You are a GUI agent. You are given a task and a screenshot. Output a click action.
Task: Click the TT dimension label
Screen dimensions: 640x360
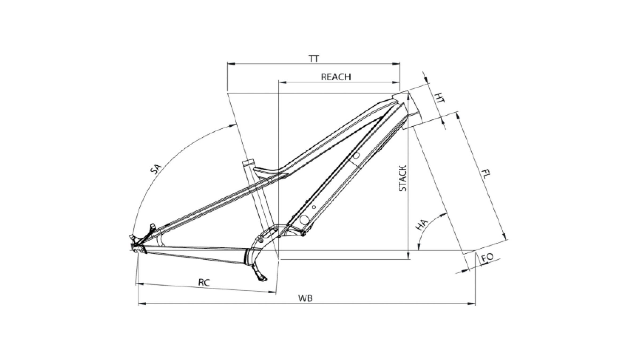point(314,58)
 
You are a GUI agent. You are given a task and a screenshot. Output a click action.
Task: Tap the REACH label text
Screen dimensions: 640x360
point(336,77)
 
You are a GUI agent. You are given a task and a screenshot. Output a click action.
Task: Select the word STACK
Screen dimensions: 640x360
point(403,178)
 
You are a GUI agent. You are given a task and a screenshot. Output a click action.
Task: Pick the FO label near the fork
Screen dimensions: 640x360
point(488,257)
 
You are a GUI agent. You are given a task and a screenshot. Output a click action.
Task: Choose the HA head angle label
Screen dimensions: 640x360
point(422,225)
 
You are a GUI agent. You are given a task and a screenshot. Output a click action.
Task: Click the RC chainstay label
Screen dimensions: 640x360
point(204,282)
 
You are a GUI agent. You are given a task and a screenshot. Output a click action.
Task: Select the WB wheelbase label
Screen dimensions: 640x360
point(305,298)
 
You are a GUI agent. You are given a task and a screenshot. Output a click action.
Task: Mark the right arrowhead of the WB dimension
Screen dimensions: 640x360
point(472,303)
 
